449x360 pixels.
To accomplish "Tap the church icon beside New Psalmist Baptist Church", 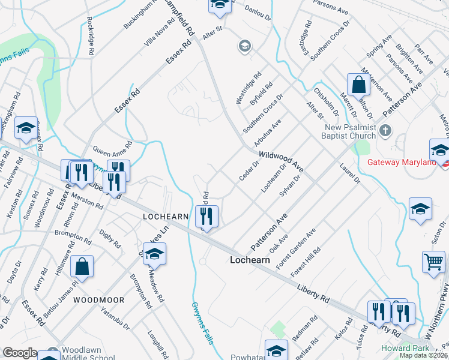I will coord(386,130).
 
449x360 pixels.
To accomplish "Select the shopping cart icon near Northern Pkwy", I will coord(433,262).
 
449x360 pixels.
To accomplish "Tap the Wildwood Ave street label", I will coord(282,161).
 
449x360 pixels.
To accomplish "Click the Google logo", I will coord(20,353).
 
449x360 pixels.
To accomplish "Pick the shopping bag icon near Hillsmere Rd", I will coord(82,266).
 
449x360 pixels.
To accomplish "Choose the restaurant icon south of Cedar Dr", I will coord(207,216).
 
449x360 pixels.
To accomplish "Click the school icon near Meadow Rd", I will coord(154,254).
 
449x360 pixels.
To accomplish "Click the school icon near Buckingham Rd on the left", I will coord(26,128).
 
